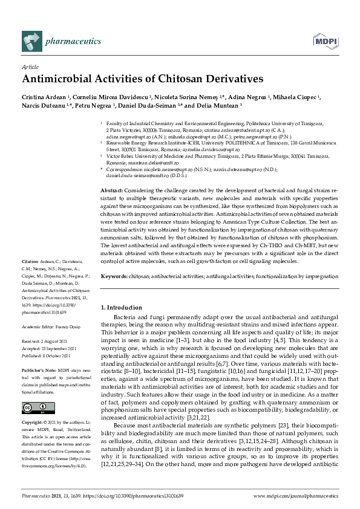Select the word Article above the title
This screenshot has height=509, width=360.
[29, 68]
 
